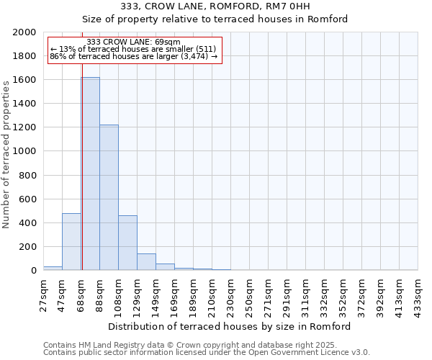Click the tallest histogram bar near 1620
click(90, 174)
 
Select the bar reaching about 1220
click(109, 197)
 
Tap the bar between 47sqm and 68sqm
click(71, 241)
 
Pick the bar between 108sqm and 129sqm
click(127, 243)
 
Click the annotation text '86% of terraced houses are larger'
click(133, 56)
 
